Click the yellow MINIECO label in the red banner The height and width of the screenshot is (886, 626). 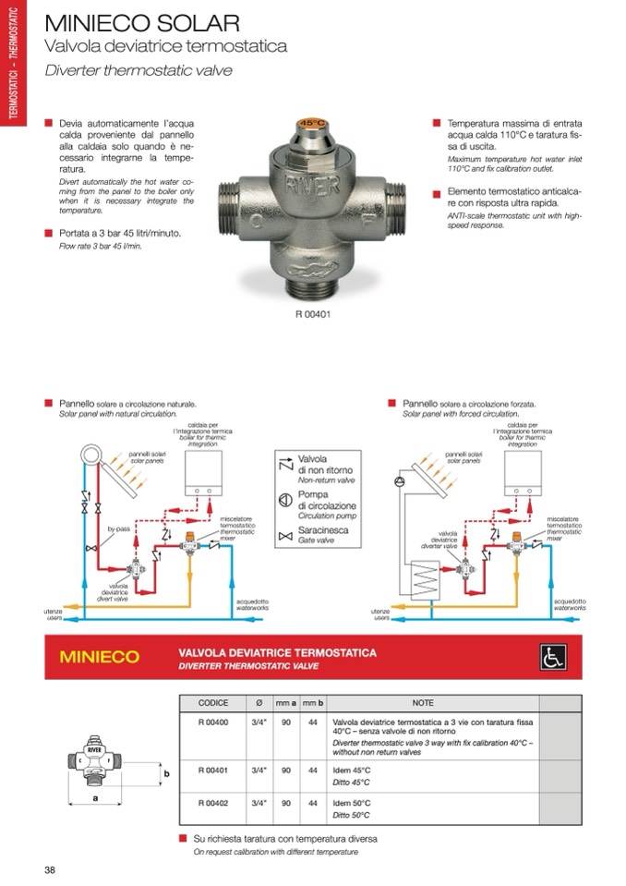point(100,658)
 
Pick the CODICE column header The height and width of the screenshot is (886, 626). point(212,702)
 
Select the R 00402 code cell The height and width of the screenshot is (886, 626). point(212,802)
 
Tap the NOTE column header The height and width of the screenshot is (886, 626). point(423,702)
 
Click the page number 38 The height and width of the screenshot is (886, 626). point(50,869)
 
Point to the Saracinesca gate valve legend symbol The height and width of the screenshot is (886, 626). point(285,536)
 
